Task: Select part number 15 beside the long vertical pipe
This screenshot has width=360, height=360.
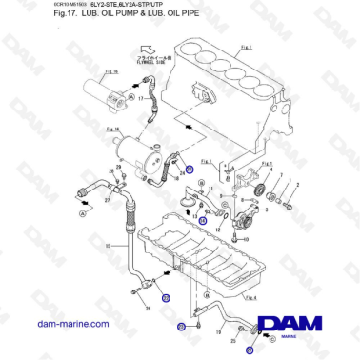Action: point(110,246)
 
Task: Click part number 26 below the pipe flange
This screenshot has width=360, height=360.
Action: point(149,309)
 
